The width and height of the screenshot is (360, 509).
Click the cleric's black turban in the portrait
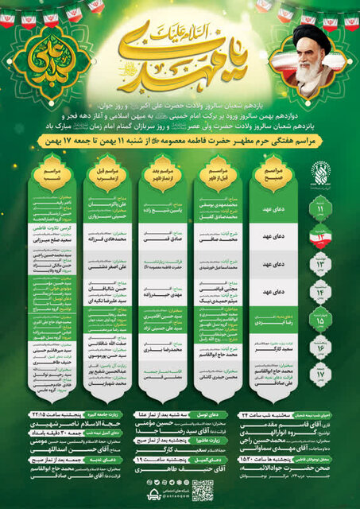pos(311,34)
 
